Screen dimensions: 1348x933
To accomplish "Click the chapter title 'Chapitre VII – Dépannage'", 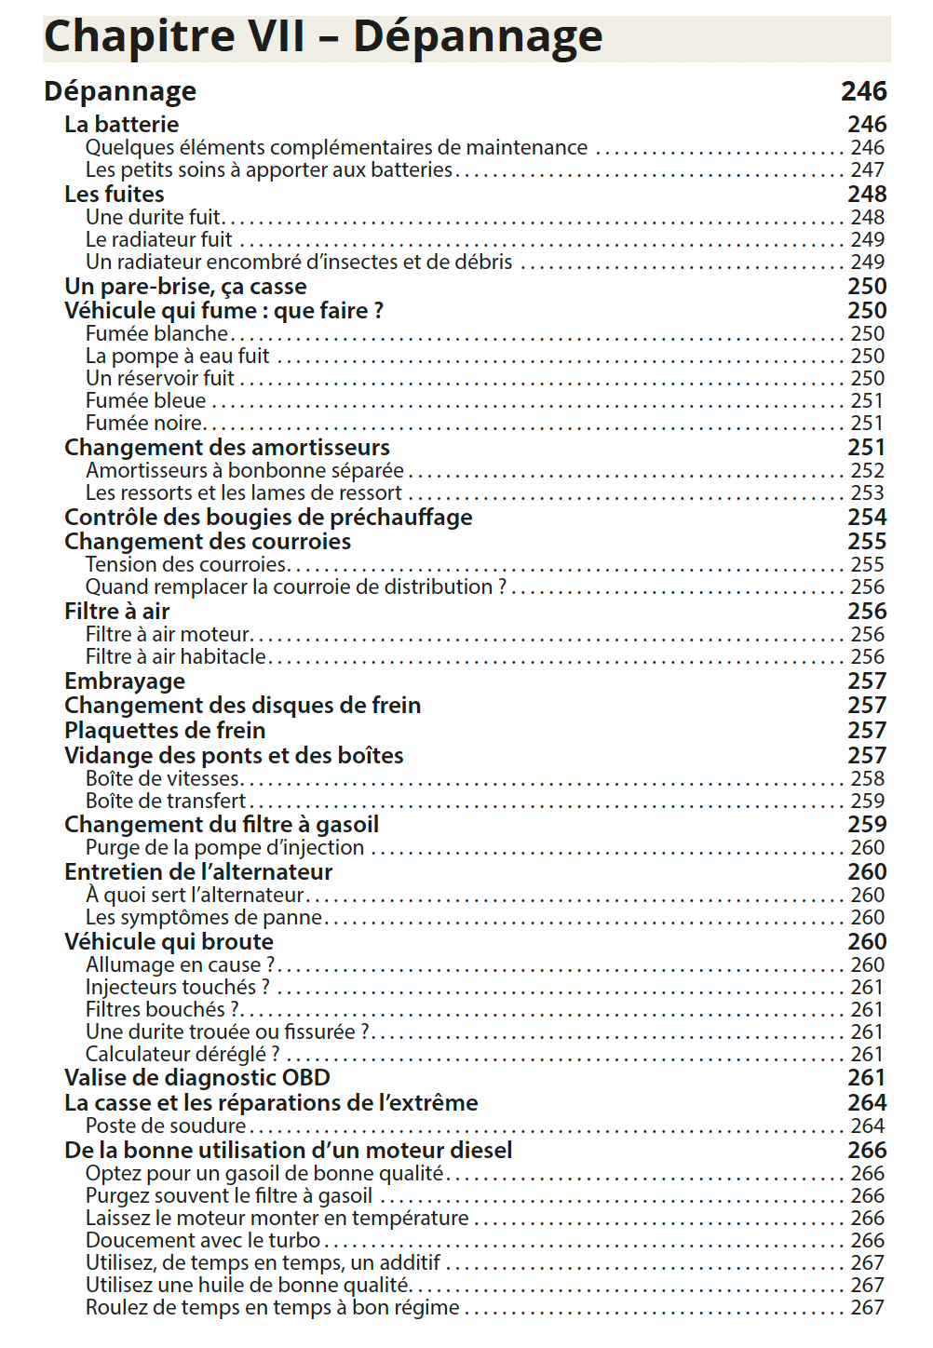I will [323, 37].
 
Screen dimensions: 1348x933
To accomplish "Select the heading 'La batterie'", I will [121, 124].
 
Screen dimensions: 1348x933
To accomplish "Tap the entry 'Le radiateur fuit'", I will [158, 239].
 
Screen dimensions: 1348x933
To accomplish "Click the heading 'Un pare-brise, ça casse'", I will [185, 286].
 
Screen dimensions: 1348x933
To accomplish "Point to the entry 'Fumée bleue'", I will [145, 400].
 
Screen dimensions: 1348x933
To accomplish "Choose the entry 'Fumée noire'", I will [144, 423].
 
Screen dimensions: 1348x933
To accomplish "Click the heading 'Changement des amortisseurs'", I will [226, 447].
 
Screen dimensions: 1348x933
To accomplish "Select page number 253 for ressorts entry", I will [867, 492].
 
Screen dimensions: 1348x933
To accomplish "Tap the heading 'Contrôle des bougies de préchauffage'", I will [268, 517].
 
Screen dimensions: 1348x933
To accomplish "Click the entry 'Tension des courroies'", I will [186, 564].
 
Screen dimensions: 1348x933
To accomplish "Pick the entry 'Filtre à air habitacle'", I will [176, 656].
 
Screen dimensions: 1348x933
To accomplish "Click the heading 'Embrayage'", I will [125, 681].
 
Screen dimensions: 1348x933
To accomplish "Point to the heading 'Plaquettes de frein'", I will [165, 730].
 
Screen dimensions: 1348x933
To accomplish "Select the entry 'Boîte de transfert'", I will [166, 801].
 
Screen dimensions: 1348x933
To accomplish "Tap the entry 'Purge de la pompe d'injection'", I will [224, 847].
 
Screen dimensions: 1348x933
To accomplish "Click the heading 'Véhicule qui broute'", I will [169, 941].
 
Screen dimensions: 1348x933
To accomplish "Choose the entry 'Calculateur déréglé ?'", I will [183, 1054].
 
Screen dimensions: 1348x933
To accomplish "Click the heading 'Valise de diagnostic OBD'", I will [197, 1077].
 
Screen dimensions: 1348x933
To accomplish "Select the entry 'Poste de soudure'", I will [166, 1126].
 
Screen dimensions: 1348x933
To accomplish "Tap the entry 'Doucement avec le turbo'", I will [203, 1240].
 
